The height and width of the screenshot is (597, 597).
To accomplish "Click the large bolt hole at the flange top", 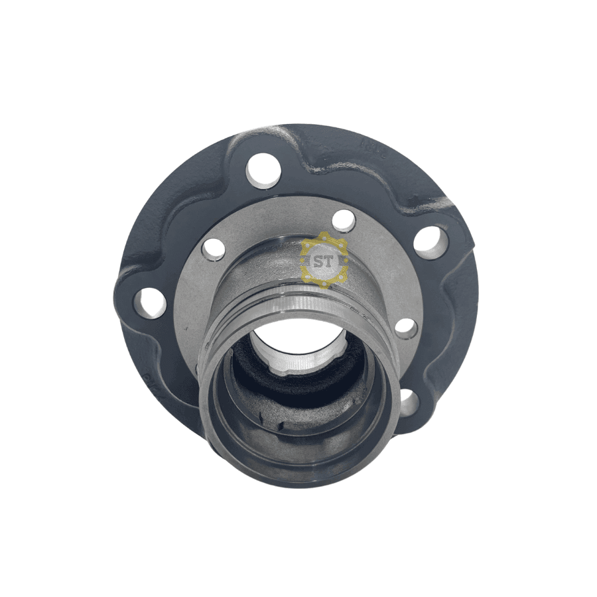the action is tap(263, 170).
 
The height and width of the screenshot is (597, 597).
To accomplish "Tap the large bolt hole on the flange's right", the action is tap(431, 243).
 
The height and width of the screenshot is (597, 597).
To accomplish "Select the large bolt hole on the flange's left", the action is tap(150, 303).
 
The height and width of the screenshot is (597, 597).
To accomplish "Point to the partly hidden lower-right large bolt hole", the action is tap(408, 403).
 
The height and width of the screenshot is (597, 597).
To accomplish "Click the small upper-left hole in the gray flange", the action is tap(214, 249).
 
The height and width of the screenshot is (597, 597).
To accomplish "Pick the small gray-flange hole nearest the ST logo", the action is tap(344, 220).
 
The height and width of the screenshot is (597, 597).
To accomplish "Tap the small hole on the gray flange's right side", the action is tap(406, 328).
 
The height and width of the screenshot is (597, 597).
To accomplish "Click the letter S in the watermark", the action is tap(318, 262).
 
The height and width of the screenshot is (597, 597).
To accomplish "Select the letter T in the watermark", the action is tap(328, 262).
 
